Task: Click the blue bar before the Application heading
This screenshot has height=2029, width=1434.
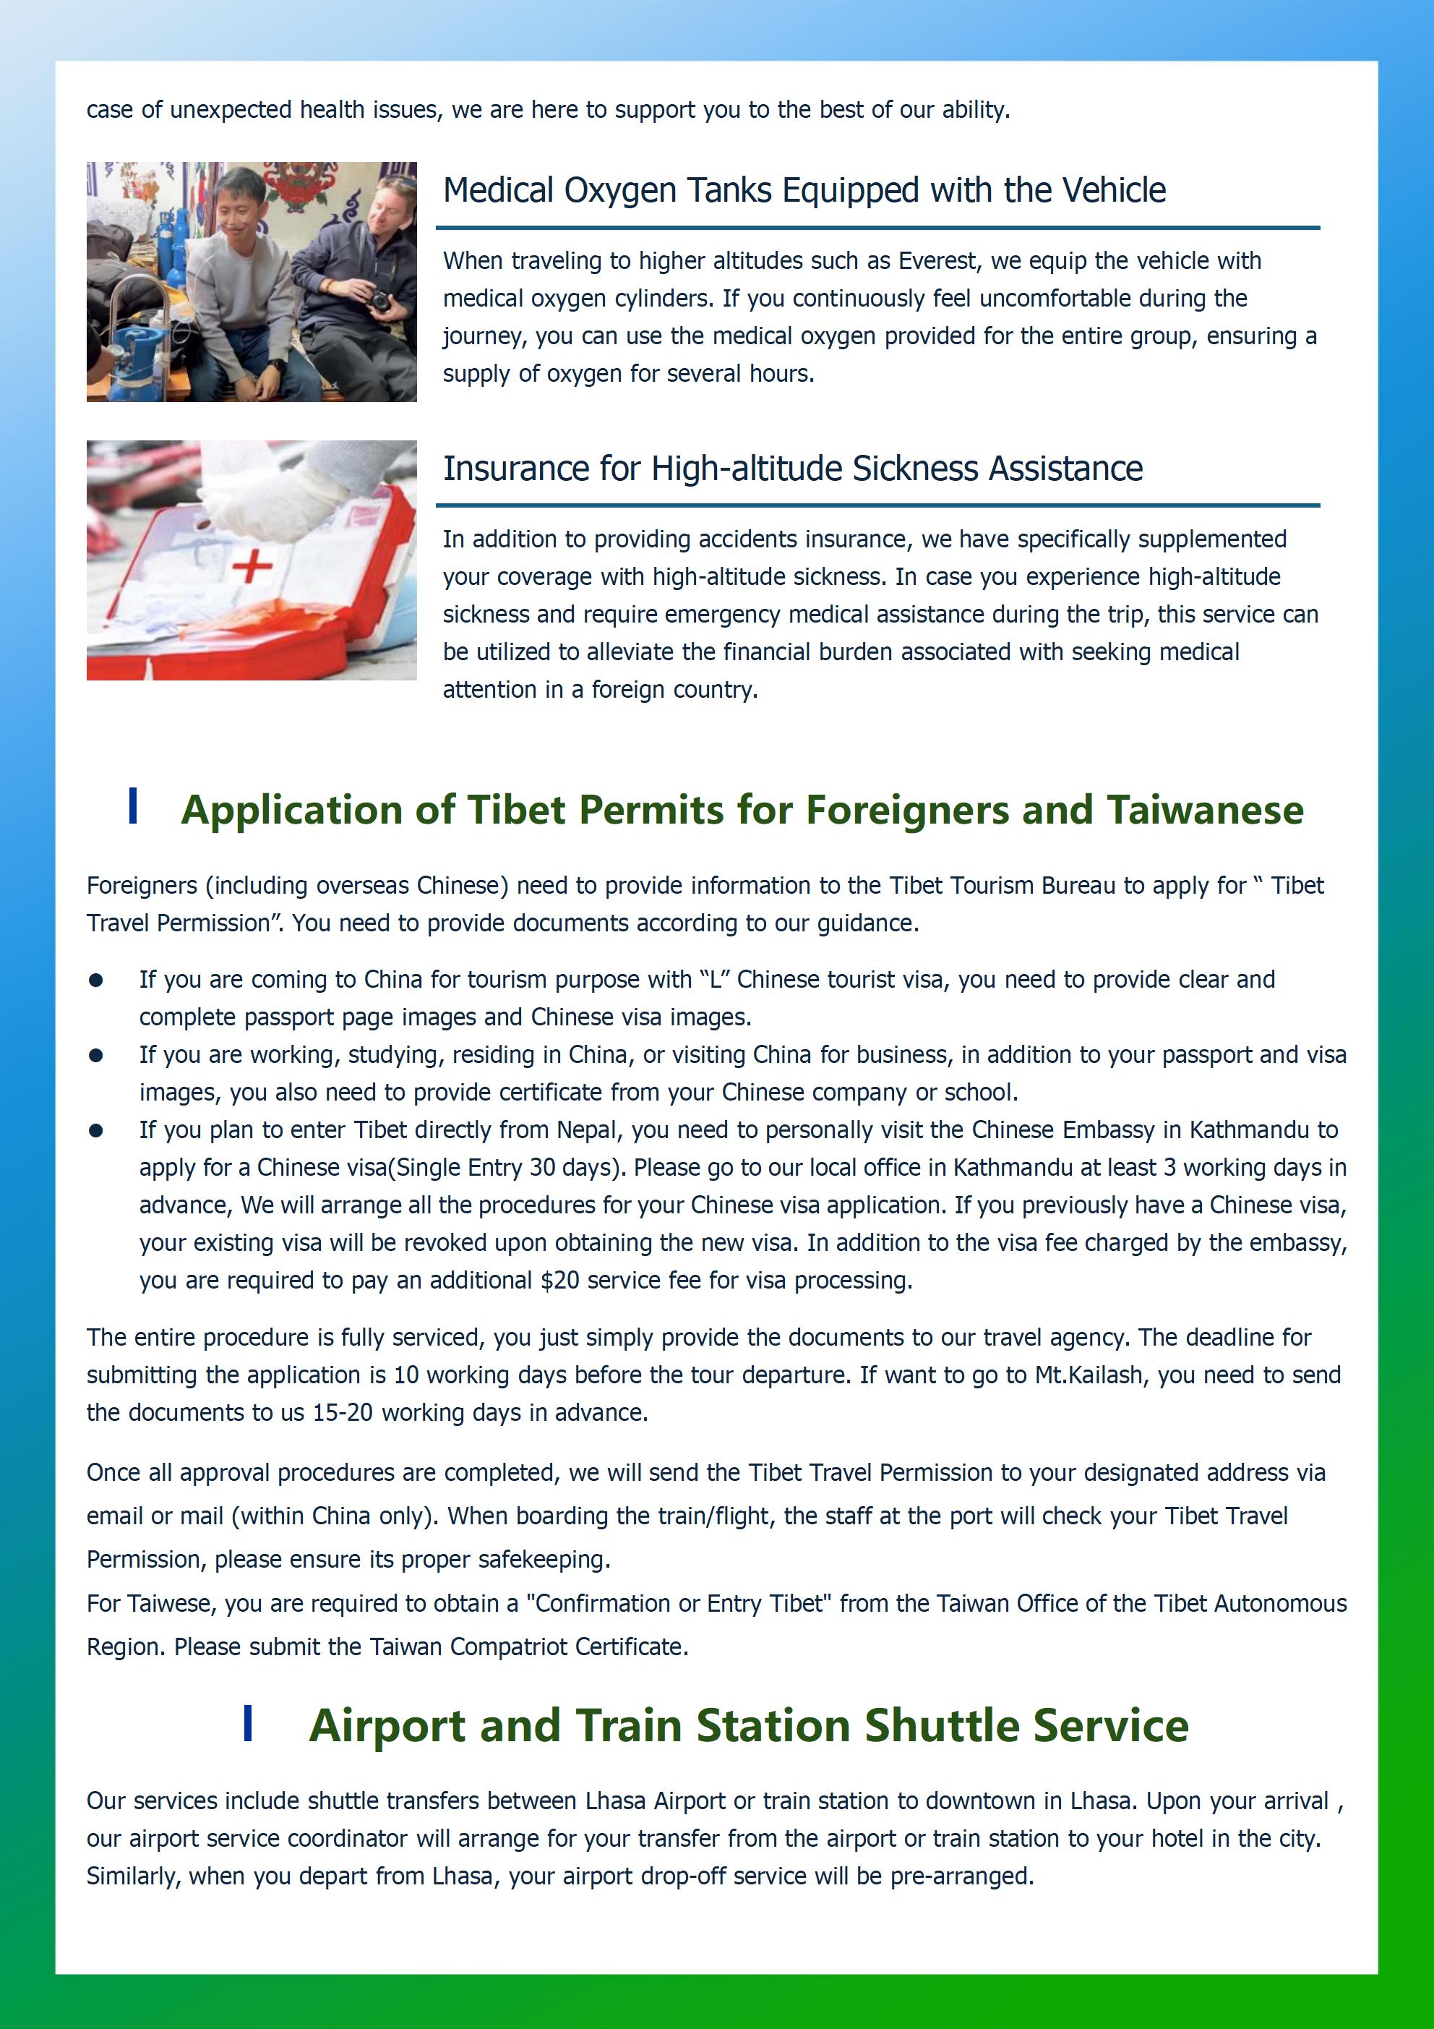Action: click(132, 806)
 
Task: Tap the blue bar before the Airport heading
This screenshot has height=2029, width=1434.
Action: click(249, 1724)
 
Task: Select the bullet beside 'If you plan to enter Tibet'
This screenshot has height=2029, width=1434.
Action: click(96, 1130)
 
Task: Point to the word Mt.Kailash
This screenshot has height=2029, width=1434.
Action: click(1089, 1375)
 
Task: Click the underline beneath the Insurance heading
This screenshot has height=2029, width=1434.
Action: click(877, 505)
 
